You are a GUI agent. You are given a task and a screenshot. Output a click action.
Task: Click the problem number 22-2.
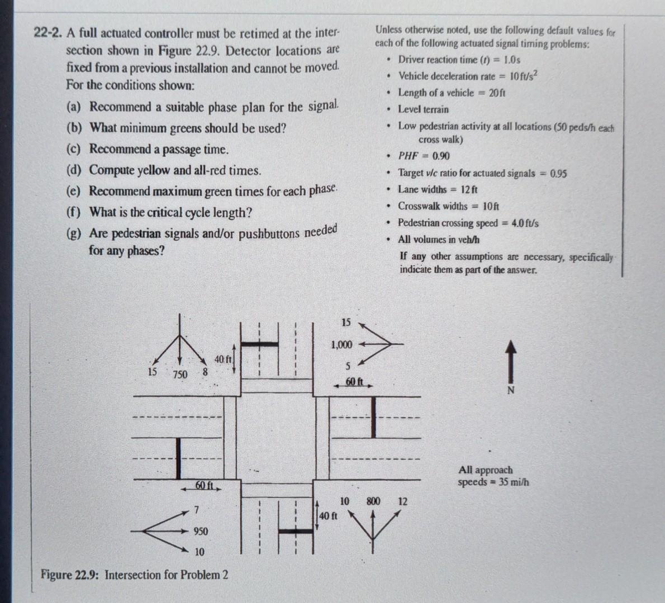click(x=48, y=32)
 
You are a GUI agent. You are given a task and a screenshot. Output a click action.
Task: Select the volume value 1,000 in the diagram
click(x=341, y=344)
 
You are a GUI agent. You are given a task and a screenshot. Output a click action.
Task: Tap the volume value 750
click(x=179, y=375)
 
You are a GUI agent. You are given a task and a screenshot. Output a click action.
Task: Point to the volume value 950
click(x=201, y=531)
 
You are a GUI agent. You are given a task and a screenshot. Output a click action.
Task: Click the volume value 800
click(x=373, y=501)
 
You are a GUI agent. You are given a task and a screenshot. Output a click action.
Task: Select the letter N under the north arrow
click(x=510, y=390)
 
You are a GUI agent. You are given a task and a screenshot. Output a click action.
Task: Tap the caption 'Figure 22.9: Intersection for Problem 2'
click(x=134, y=575)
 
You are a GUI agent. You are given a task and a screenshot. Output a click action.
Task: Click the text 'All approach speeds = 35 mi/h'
click(x=493, y=476)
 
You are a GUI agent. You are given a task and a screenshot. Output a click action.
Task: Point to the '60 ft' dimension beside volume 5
click(x=354, y=382)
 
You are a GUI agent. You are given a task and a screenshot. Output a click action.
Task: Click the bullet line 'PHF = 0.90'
click(x=423, y=156)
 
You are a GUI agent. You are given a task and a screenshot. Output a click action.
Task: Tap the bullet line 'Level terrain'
click(x=422, y=109)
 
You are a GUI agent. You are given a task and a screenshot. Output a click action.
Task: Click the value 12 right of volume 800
click(x=403, y=501)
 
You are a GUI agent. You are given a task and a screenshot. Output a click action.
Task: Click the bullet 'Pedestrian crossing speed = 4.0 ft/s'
click(x=468, y=223)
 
